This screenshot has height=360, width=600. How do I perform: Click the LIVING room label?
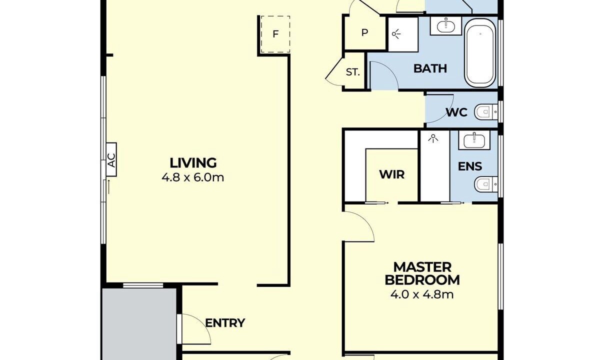[193, 163]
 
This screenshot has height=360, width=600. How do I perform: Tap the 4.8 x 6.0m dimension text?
[193, 177]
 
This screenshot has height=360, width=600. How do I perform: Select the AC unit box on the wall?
[111, 159]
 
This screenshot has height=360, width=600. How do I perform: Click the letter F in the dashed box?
[275, 34]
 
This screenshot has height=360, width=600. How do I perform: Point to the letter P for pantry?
[364, 32]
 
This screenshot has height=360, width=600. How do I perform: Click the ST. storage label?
[353, 72]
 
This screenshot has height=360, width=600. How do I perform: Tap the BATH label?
[430, 68]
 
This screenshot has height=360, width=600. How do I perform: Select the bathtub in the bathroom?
[480, 53]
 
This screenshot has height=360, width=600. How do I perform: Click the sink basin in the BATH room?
[446, 26]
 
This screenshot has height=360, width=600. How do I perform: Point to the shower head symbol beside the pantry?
[396, 34]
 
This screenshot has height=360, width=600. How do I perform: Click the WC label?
[456, 112]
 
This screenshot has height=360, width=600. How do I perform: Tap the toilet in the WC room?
[486, 112]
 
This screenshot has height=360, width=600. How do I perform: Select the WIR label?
[392, 174]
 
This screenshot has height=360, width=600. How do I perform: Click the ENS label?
[470, 166]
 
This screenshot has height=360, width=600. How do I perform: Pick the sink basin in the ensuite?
[474, 140]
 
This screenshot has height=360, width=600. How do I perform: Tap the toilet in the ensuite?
[486, 184]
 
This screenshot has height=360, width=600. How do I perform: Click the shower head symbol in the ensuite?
[433, 138]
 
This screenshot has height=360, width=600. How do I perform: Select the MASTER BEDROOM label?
[422, 274]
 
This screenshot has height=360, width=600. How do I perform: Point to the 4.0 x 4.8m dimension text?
[422, 294]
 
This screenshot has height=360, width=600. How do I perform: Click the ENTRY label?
[225, 323]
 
